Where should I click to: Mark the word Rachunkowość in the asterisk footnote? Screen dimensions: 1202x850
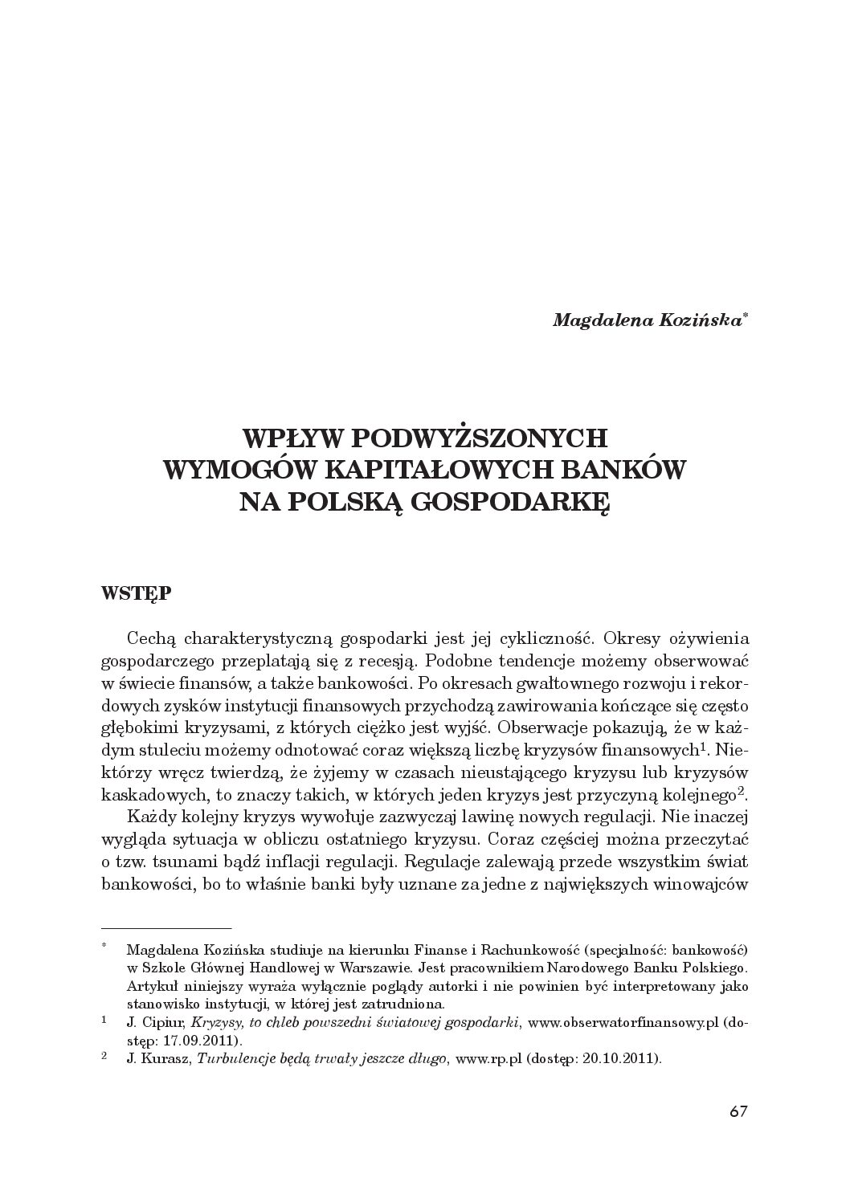(x=551, y=948)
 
